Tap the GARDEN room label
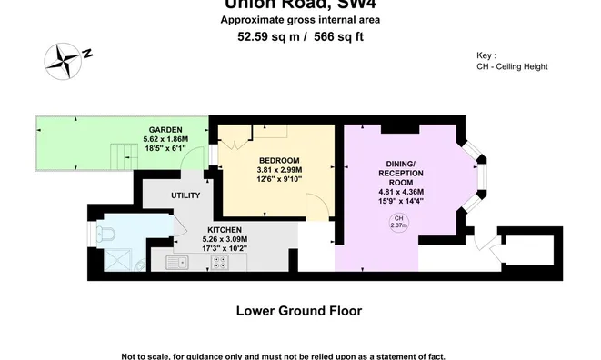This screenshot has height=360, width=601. coord(166,130)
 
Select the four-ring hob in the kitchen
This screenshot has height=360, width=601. coord(219,262)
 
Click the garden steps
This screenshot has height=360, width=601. coord(123,156)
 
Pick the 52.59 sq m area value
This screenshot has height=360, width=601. coord(265,37)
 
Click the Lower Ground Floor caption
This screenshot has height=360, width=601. coord(299,310)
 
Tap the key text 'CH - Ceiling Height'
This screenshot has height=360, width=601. coord(512,66)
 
